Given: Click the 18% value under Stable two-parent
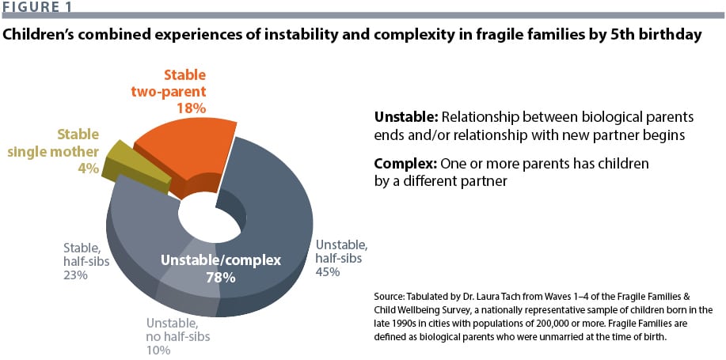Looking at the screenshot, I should click(x=184, y=107).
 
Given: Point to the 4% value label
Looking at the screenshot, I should click(x=89, y=168).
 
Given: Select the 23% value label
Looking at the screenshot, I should click(x=74, y=275).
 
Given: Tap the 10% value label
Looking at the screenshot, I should click(x=158, y=350).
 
